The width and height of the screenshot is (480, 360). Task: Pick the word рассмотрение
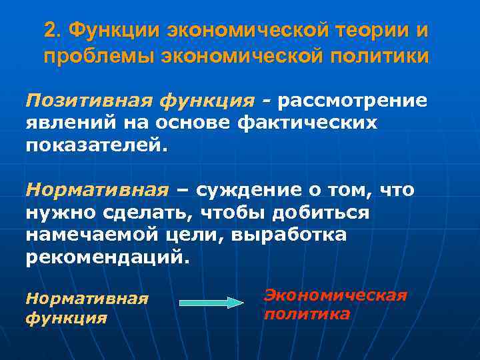[x=353, y=101]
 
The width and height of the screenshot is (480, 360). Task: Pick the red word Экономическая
[x=335, y=295]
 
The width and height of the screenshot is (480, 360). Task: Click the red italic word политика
[x=307, y=313]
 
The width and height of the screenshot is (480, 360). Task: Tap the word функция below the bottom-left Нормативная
[x=66, y=317]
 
